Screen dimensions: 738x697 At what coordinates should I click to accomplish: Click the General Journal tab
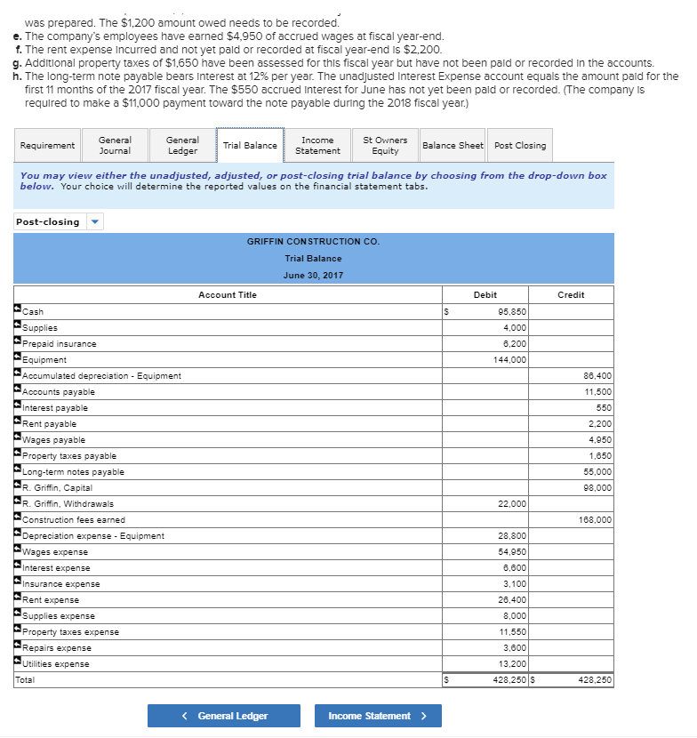tap(115, 145)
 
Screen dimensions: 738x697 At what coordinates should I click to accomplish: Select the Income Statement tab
tap(317, 145)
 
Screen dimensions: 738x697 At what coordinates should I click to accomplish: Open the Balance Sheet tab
tap(453, 145)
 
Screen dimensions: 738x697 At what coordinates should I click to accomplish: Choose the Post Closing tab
tap(520, 145)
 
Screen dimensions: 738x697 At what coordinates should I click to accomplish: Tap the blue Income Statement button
tap(376, 716)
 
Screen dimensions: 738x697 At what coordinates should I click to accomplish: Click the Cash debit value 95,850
tap(513, 312)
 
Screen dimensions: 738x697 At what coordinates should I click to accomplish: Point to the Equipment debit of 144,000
tap(510, 360)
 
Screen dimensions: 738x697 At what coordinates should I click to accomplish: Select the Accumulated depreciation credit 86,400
tap(597, 376)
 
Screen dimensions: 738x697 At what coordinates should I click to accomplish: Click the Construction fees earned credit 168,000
tap(596, 520)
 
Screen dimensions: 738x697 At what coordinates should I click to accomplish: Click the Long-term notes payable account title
tap(73, 472)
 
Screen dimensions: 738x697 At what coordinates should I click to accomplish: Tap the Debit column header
tap(486, 294)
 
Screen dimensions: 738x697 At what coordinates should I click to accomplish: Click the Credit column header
tap(571, 294)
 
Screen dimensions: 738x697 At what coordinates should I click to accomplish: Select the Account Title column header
tap(228, 294)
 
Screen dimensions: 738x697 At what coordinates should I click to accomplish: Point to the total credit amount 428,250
tap(595, 680)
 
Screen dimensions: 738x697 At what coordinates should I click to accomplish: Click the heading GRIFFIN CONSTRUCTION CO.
tap(313, 242)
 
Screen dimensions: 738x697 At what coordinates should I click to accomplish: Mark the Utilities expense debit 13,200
tap(513, 664)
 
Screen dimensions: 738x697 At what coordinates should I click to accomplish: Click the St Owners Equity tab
tap(385, 145)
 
